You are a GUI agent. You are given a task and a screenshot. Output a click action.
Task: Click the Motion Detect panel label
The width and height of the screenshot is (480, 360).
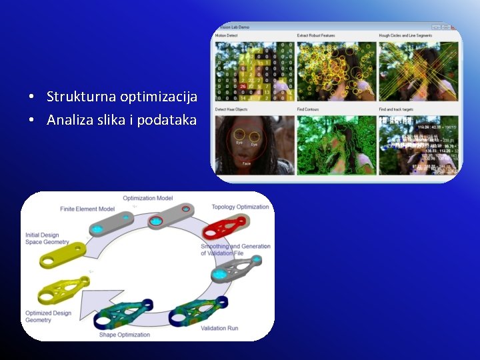(227, 35)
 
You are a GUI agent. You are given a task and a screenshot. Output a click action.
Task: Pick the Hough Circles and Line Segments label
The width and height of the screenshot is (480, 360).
(405, 35)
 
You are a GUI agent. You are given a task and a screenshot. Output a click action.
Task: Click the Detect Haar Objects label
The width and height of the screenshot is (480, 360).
(231, 109)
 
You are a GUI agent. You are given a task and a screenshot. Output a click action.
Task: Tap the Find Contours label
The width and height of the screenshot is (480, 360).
(309, 109)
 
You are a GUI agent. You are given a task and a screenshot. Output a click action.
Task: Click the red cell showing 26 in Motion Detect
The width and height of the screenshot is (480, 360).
(243, 86)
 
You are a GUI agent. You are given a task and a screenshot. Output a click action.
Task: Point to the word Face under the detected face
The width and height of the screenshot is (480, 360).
(247, 163)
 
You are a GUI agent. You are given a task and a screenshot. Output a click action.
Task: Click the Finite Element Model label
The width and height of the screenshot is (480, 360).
(87, 209)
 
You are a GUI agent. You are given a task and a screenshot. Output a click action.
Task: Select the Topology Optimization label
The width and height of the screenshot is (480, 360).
(240, 207)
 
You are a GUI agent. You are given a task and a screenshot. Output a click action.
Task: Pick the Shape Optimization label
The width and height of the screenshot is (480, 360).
(125, 334)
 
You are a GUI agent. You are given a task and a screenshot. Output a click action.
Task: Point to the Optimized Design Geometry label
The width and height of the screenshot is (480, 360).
(48, 317)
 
